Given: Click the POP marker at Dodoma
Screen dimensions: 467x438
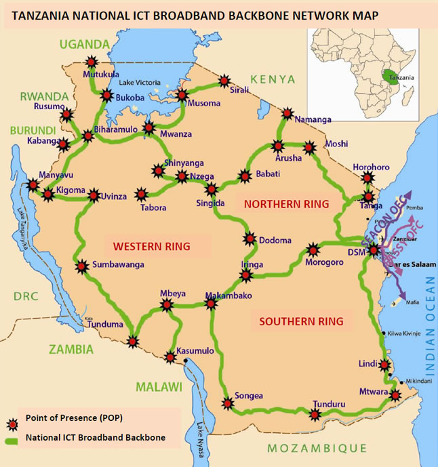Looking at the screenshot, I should (250, 239).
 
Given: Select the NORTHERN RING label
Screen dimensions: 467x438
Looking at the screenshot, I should (286, 203).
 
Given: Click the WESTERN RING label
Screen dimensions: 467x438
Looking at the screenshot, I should (151, 245).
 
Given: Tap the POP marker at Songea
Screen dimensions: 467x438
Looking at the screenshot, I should (227, 403).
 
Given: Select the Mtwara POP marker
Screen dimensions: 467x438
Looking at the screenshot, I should (395, 395).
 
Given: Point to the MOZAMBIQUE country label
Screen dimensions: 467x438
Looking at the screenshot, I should (317, 448).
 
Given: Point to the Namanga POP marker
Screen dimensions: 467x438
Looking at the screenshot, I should (288, 114).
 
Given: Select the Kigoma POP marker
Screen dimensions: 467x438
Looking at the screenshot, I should (48, 195).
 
